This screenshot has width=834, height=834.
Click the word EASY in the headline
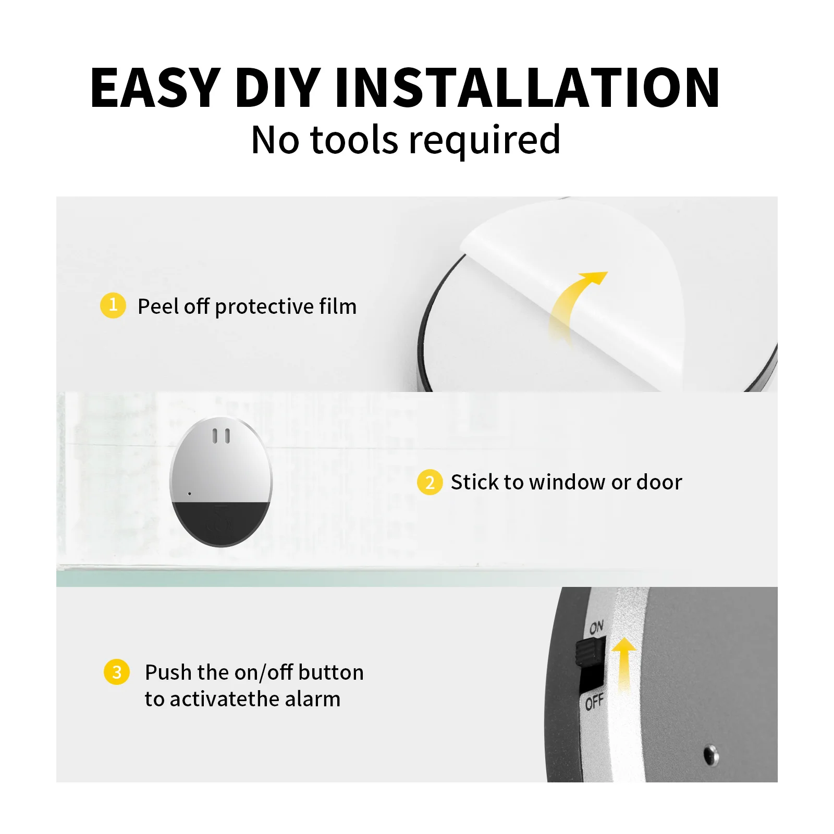(155, 89)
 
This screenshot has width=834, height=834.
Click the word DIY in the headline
(277, 89)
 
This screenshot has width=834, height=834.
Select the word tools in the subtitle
(354, 141)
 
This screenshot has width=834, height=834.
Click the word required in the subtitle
(484, 141)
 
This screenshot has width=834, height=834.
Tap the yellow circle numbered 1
(113, 305)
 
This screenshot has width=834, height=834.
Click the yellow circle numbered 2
(430, 482)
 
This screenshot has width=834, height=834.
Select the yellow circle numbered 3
(117, 672)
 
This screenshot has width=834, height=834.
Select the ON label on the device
(596, 627)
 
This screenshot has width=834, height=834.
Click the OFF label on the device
(594, 703)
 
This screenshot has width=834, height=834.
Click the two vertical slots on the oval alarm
(221, 436)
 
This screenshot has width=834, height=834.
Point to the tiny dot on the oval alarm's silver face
(189, 494)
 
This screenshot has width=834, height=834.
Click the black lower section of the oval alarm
(221, 524)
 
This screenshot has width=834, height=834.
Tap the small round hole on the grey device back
(710, 754)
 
